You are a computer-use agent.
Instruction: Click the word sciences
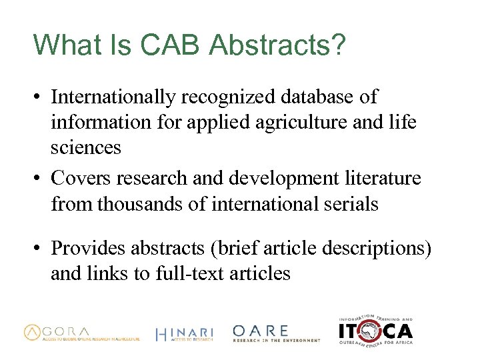click(x=86, y=147)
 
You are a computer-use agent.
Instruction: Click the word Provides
click(x=89, y=248)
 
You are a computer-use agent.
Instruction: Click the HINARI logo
click(x=184, y=334)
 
